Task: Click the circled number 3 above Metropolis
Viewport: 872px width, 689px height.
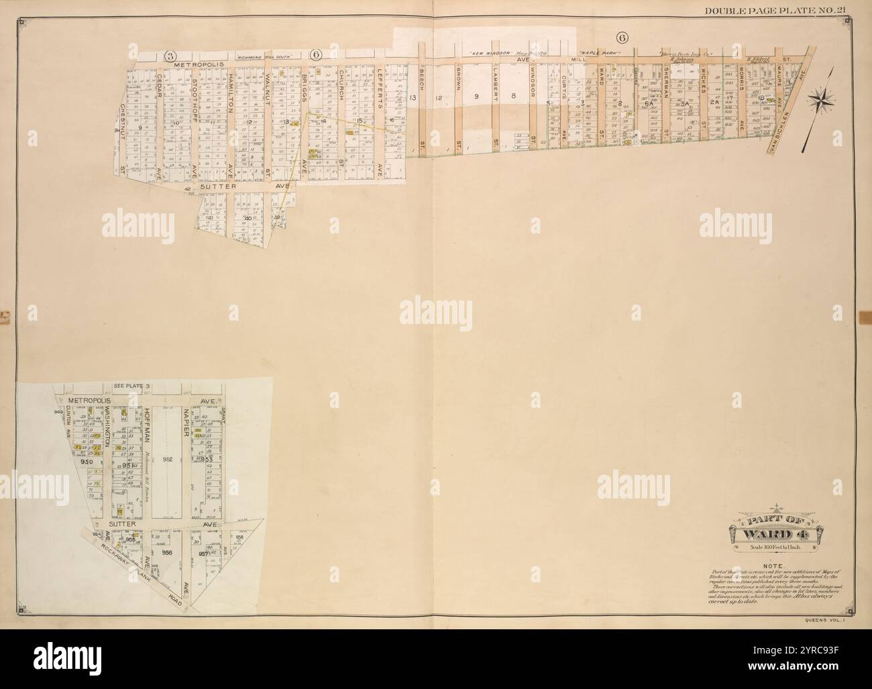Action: (172, 54)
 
